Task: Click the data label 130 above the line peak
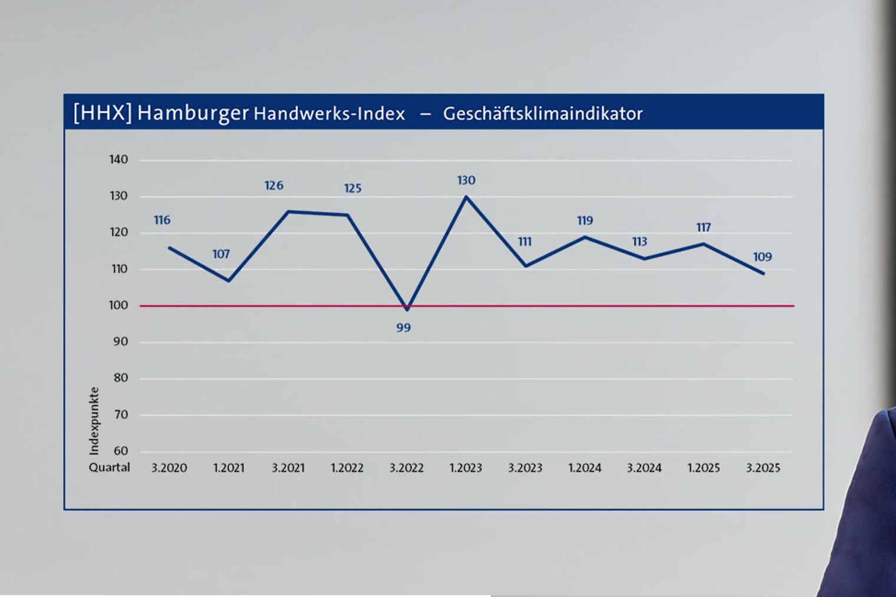(466, 180)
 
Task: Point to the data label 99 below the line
(403, 328)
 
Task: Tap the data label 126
(274, 186)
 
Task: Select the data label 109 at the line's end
(762, 257)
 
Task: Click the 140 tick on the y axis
(118, 160)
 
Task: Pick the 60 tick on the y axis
(120, 451)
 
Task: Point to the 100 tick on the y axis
(118, 305)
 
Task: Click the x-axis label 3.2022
(406, 468)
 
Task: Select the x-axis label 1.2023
(466, 468)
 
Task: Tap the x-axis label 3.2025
(763, 468)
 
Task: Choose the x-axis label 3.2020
(169, 468)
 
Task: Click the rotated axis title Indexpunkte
(94, 421)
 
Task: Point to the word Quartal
(109, 467)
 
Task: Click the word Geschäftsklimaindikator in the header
(542, 113)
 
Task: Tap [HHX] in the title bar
(102, 112)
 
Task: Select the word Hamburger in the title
(193, 113)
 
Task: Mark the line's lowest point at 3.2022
(407, 309)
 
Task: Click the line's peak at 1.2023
(466, 197)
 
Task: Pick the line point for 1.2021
(229, 281)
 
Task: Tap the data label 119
(585, 220)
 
